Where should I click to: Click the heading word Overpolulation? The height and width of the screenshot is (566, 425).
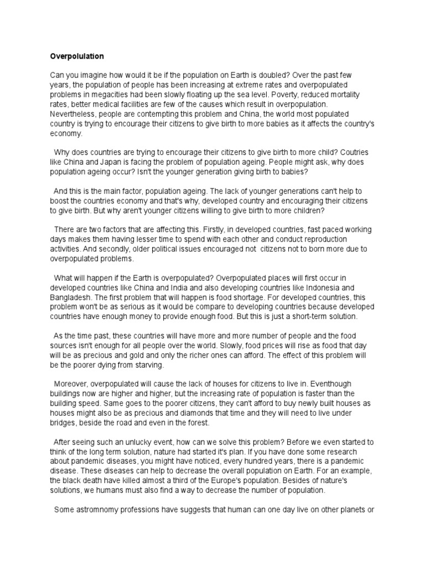coord(77,56)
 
